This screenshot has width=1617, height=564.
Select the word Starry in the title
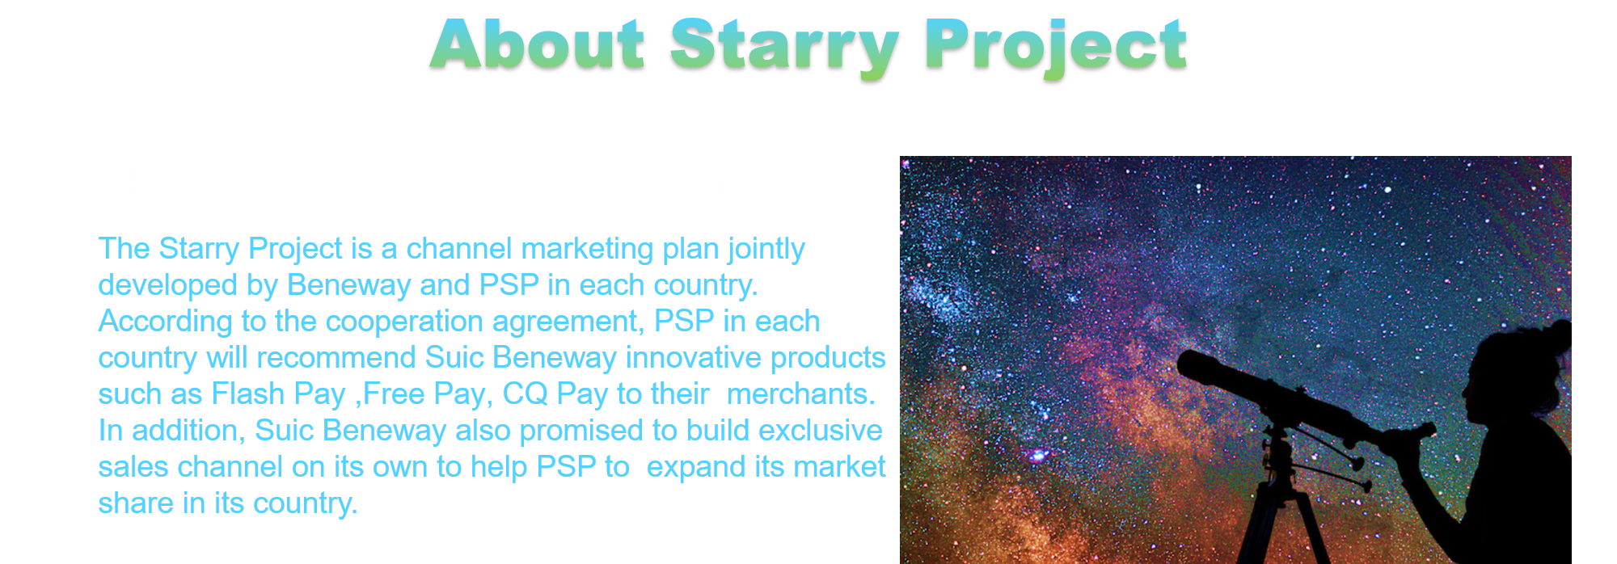click(x=784, y=48)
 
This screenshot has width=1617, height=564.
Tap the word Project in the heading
click(x=1056, y=48)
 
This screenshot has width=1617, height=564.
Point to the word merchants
click(x=801, y=394)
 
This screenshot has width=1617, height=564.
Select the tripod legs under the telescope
click(x=1281, y=517)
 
